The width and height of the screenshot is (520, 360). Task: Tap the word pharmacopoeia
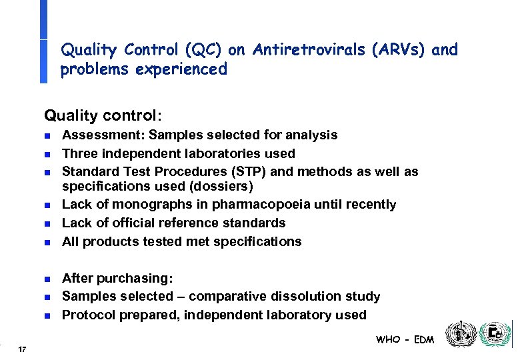tap(247, 205)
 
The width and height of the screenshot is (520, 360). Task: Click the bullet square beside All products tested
tap(47, 243)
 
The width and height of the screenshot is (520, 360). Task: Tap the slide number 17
tap(22, 349)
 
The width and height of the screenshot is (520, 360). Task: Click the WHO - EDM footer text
tap(405, 339)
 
